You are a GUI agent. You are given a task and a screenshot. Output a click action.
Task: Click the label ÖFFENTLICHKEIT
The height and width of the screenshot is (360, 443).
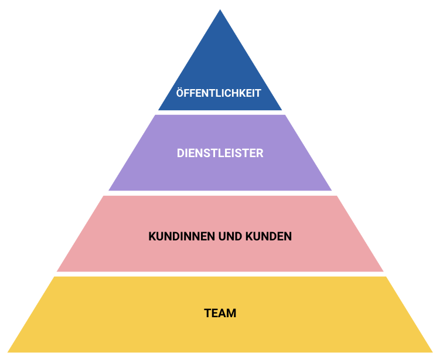click(x=219, y=93)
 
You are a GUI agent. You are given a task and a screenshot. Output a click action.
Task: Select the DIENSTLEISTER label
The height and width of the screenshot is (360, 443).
click(x=220, y=154)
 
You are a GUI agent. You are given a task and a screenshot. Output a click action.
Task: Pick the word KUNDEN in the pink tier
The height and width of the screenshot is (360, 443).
click(x=268, y=237)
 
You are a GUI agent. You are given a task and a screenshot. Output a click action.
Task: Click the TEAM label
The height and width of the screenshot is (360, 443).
click(x=220, y=313)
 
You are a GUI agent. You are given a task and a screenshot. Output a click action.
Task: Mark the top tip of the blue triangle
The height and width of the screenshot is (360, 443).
click(x=220, y=10)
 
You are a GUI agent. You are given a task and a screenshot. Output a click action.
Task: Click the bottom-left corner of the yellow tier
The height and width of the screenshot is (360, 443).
click(x=8, y=352)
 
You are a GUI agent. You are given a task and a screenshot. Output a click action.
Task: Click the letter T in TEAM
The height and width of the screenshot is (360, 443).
click(x=207, y=313)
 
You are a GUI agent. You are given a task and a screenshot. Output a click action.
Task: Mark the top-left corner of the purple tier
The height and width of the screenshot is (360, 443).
click(x=155, y=116)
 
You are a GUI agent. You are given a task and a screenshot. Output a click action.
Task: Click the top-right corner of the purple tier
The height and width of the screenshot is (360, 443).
click(x=285, y=116)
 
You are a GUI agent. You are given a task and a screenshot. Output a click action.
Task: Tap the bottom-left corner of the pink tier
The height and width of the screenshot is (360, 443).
click(x=57, y=271)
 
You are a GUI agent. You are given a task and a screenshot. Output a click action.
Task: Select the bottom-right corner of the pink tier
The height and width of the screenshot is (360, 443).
click(x=383, y=271)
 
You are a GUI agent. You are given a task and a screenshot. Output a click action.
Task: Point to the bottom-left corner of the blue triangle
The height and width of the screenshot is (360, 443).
click(x=159, y=110)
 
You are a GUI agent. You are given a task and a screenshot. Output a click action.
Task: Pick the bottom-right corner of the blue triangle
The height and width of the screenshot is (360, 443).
click(x=282, y=110)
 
